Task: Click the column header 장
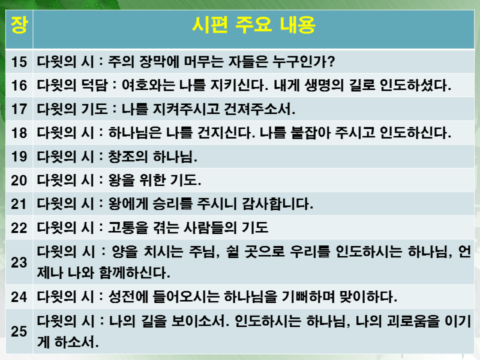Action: point(19,25)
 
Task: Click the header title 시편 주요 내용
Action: point(253,25)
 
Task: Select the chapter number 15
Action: point(19,62)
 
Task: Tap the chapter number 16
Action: point(19,85)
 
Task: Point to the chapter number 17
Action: point(19,109)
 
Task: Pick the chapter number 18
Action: point(19,133)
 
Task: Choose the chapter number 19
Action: point(19,157)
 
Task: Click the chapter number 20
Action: point(19,181)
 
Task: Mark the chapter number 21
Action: point(19,204)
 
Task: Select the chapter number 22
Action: point(19,228)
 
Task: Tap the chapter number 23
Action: point(19,262)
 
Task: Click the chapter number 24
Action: point(19,297)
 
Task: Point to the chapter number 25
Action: point(19,331)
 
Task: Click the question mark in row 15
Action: point(331,62)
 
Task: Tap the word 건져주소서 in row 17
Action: point(259,109)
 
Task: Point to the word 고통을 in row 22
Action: point(128,228)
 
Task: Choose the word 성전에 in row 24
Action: point(128,296)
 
